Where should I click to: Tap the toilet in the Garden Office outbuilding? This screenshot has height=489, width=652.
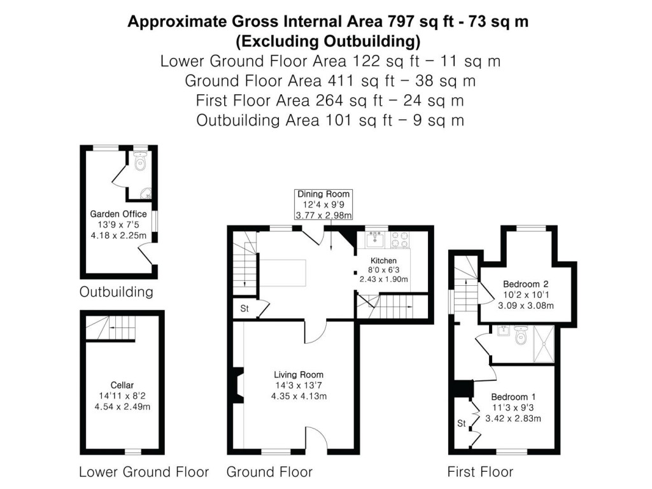click(141, 163)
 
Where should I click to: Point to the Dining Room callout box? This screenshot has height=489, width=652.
click(323, 204)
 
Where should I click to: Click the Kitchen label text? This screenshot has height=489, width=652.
click(384, 260)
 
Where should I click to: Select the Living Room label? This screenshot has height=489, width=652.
click(299, 374)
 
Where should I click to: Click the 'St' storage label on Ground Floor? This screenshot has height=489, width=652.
click(244, 309)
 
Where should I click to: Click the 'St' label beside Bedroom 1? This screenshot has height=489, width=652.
click(462, 423)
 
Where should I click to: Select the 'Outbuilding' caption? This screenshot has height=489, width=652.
click(117, 292)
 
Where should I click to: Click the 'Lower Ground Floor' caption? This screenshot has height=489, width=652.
click(144, 472)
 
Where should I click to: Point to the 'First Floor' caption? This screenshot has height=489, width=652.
click(480, 472)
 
